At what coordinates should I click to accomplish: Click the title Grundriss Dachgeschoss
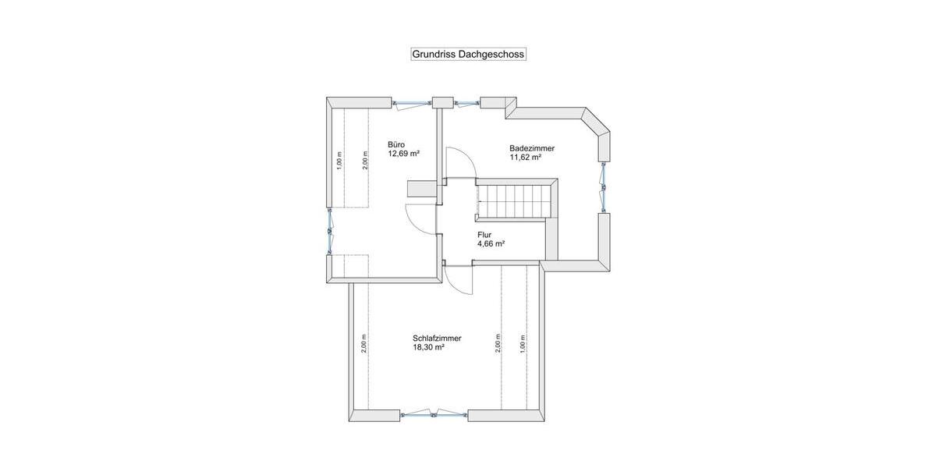[468, 55]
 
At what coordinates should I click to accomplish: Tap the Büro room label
[396, 144]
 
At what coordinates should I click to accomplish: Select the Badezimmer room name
[532, 148]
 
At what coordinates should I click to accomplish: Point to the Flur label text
[484, 234]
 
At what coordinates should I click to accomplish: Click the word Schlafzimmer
[437, 338]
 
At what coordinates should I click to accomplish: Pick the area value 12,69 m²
[404, 154]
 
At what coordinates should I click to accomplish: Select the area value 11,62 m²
[526, 157]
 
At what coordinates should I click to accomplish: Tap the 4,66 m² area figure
[491, 243]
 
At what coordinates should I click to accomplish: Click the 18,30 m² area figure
[428, 347]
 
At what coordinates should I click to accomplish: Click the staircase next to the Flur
[515, 201]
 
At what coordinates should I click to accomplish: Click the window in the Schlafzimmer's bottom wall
[434, 415]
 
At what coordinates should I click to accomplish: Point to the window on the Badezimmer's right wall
[603, 186]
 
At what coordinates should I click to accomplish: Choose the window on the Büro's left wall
[330, 232]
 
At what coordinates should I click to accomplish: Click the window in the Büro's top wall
[411, 102]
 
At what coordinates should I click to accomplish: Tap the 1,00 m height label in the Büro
[339, 160]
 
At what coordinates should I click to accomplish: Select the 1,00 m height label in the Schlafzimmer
[523, 342]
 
